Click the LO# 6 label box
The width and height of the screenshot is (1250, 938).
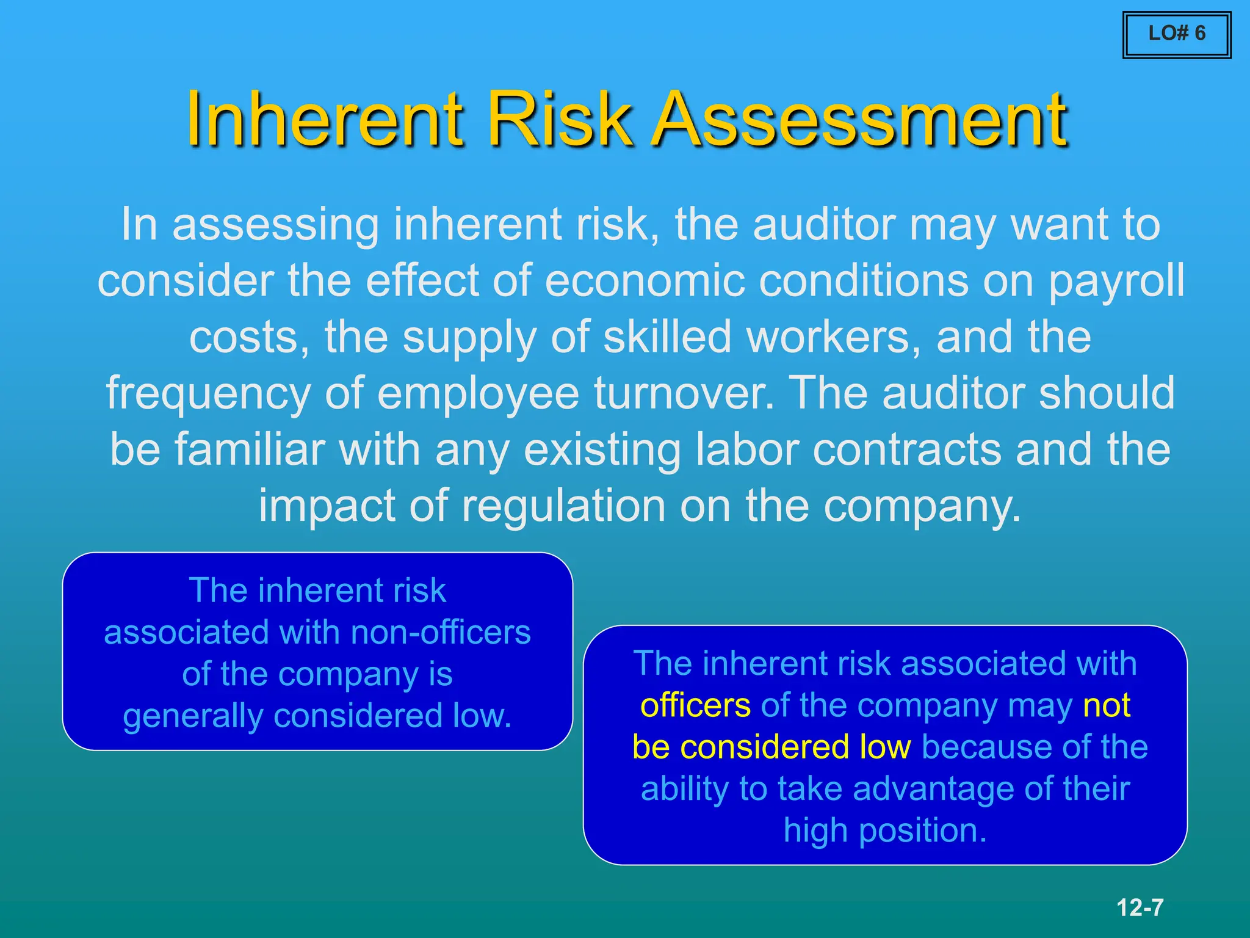tap(1176, 34)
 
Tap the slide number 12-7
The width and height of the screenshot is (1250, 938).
tap(1140, 907)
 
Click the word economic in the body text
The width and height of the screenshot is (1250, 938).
tap(645, 281)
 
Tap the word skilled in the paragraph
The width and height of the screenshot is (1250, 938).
tap(667, 337)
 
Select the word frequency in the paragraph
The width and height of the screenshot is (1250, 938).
tap(208, 394)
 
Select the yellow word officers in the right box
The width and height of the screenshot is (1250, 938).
tap(695, 706)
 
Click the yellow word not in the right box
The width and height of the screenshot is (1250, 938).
tap(1106, 706)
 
